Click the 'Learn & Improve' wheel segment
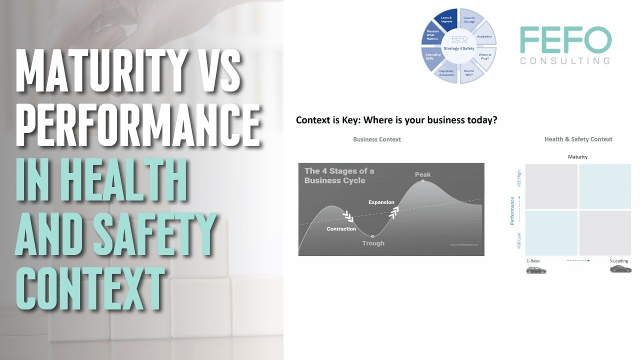point(446,20)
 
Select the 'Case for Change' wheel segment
point(469,20)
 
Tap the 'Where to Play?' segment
point(484,56)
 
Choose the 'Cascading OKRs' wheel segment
point(433,56)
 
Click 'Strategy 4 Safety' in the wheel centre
point(459,48)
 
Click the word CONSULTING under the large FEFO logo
point(565,61)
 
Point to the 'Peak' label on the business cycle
point(422,174)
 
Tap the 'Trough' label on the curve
point(373,243)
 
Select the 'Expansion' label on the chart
point(381,202)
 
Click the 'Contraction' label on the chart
point(341,229)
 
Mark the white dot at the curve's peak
point(423,181)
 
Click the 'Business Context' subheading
point(377,139)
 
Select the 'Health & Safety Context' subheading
point(578,139)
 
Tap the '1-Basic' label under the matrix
point(533,261)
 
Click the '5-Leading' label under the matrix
point(619,261)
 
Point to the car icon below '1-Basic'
point(536,270)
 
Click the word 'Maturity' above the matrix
point(577,157)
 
